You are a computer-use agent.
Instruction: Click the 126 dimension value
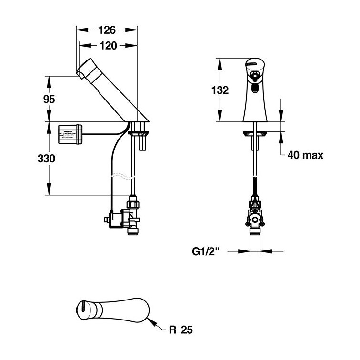(107, 30)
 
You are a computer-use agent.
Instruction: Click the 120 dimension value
(107, 46)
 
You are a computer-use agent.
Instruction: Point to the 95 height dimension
(49, 99)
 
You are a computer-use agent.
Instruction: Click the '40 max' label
(305, 155)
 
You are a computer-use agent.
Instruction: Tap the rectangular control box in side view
(70, 133)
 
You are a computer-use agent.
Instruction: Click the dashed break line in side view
(120, 176)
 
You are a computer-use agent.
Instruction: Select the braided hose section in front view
(256, 186)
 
